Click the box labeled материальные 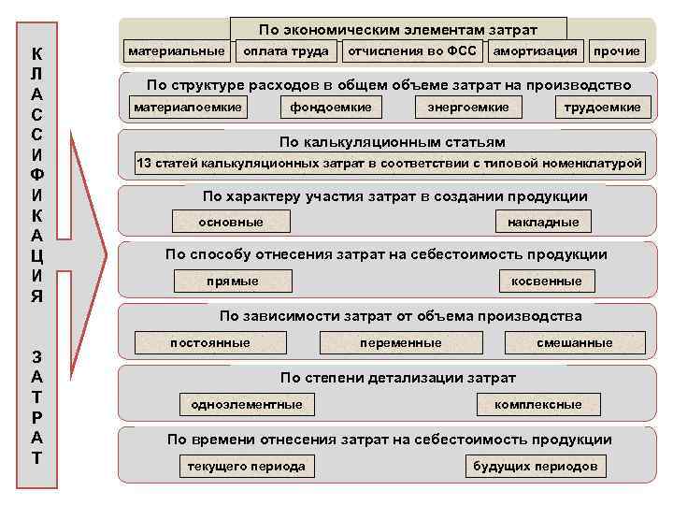(x=177, y=50)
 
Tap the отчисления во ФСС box (x=413, y=50)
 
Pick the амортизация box (x=536, y=50)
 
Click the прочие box (x=617, y=50)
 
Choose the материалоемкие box (x=189, y=108)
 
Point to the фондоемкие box (x=332, y=108)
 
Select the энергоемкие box (x=468, y=108)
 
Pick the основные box (x=231, y=222)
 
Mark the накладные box (x=543, y=222)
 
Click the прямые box (x=233, y=281)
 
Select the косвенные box (x=546, y=281)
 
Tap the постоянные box (x=210, y=343)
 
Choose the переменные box (x=401, y=343)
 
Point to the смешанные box (x=575, y=343)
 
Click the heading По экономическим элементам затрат (x=398, y=31)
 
